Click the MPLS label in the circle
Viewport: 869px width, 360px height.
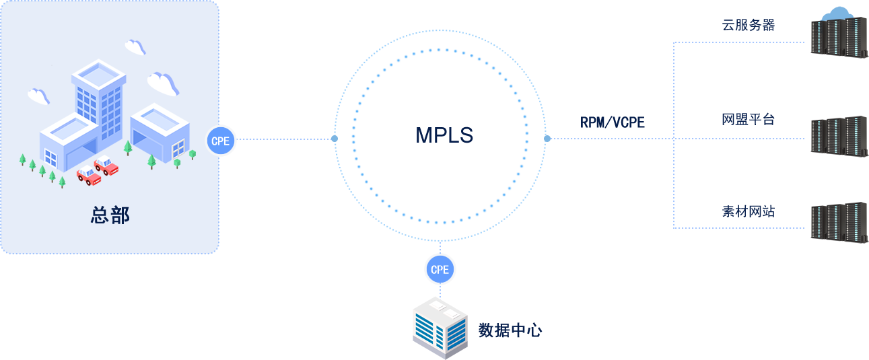[x=444, y=135]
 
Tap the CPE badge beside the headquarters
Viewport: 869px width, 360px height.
[x=220, y=141]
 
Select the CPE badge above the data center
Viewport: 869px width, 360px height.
[x=440, y=270]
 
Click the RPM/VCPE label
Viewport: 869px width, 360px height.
[x=613, y=122]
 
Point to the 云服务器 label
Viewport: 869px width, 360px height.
[x=748, y=26]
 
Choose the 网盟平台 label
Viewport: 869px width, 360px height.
[x=748, y=120]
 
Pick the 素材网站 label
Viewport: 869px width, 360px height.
[x=748, y=211]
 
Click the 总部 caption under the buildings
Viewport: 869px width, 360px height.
[x=110, y=215]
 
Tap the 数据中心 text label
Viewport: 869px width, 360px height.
[x=510, y=330]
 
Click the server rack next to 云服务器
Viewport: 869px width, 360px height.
[x=838, y=37]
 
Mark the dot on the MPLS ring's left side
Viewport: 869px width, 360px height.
[x=335, y=139]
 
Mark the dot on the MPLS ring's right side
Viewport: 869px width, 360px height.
[x=547, y=139]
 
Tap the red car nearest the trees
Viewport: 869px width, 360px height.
[x=88, y=176]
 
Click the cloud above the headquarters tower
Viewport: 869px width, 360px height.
[x=135, y=46]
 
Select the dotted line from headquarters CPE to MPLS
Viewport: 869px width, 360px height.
[x=283, y=139]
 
